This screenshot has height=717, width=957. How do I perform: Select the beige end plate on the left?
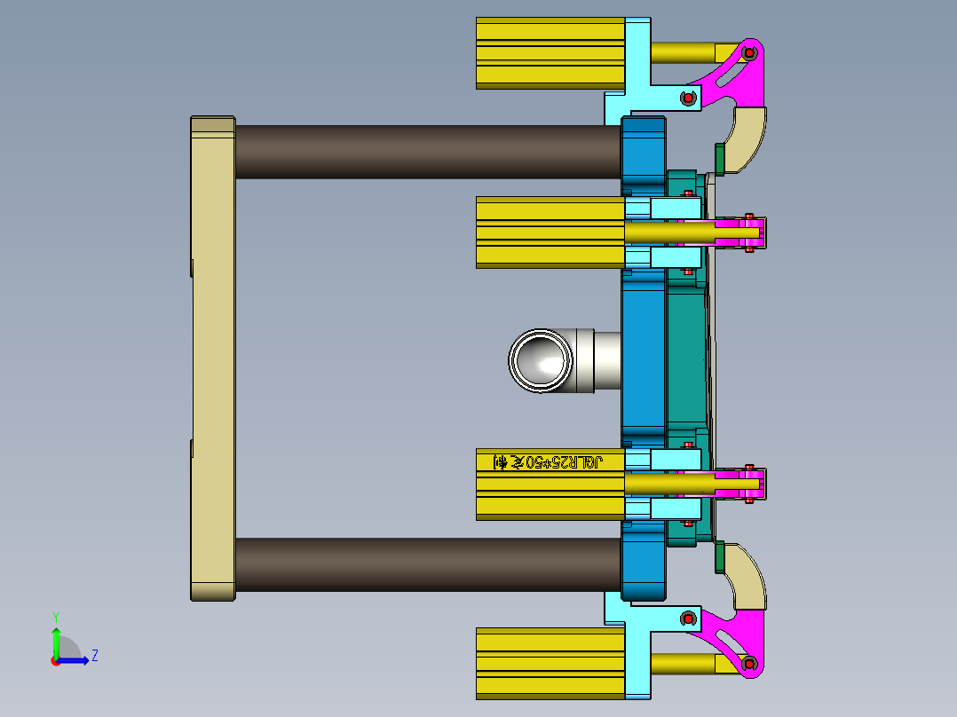(x=212, y=358)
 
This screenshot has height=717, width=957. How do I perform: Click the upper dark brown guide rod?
(x=426, y=151)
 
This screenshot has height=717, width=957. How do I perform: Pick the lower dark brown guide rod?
(x=426, y=563)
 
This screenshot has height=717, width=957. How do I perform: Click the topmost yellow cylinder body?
(x=550, y=53)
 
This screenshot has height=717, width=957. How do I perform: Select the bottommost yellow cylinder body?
(x=550, y=663)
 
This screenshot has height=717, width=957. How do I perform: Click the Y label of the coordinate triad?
(x=55, y=616)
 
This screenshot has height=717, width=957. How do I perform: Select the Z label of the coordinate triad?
(x=94, y=656)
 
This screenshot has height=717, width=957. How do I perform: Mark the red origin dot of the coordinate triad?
(x=55, y=660)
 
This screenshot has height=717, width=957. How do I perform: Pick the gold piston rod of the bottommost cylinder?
(x=684, y=663)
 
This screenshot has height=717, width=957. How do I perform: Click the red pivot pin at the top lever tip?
(x=749, y=53)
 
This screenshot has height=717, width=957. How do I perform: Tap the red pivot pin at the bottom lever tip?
(x=749, y=663)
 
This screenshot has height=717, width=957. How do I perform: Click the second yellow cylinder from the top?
(x=550, y=232)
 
